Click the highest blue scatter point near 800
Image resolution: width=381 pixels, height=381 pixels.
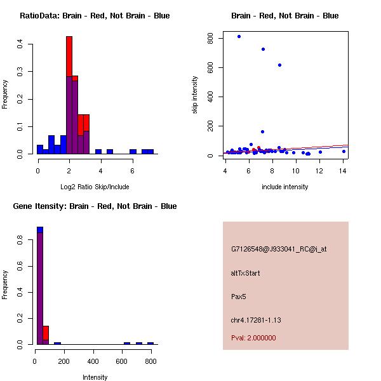pos(239,36)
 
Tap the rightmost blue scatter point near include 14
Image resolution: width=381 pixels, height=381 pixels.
pos(344,151)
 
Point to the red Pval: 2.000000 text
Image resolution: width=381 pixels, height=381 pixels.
pos(253,338)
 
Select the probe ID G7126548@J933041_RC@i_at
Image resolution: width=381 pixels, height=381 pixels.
pos(279,250)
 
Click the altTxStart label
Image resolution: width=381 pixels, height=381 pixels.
pos(245,273)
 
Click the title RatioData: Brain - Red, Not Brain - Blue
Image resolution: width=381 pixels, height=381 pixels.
pos(95,15)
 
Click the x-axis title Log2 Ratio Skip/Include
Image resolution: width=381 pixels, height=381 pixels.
pos(95,186)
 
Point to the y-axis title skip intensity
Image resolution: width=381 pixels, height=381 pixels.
pos(195,95)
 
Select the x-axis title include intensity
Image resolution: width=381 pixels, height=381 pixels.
pos(285,187)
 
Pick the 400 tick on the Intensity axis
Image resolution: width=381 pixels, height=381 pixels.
pos(93,361)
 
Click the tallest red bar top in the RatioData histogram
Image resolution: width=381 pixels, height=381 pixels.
pos(69,37)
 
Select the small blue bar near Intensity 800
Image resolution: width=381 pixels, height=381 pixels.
pos(150,343)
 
